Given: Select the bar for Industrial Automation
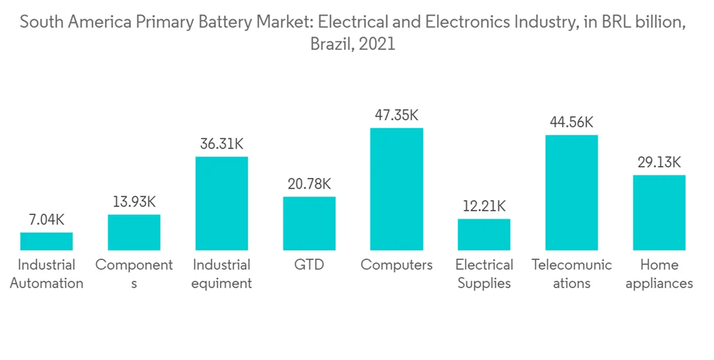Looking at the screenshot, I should pyautogui.click(x=46, y=241).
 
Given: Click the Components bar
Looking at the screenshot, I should pyautogui.click(x=134, y=232).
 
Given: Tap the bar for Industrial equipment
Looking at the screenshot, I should pyautogui.click(x=221, y=204).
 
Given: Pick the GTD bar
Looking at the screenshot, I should pyautogui.click(x=309, y=224).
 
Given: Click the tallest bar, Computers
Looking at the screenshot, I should pyautogui.click(x=396, y=189).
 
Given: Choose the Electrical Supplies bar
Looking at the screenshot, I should pyautogui.click(x=484, y=234).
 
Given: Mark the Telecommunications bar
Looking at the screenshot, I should pyautogui.click(x=571, y=193).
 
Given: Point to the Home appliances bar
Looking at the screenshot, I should pyautogui.click(x=659, y=213).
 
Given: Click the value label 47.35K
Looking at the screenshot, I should pyautogui.click(x=396, y=115).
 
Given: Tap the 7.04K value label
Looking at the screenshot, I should pyautogui.click(x=46, y=219).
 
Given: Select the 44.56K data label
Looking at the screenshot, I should pyautogui.click(x=571, y=122).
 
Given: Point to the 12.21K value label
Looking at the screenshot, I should pyautogui.click(x=484, y=206).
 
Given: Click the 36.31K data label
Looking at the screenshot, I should pyautogui.click(x=221, y=144).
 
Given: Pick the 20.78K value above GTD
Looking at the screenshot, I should pyautogui.click(x=309, y=184).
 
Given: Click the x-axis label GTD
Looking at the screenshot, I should pyautogui.click(x=309, y=265).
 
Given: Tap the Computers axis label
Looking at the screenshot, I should pyautogui.click(x=396, y=265).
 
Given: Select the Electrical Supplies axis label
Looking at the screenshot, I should pyautogui.click(x=484, y=274).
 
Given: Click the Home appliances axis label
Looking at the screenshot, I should pyautogui.click(x=659, y=274).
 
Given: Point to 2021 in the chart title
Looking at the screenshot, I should pyautogui.click(x=378, y=44).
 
